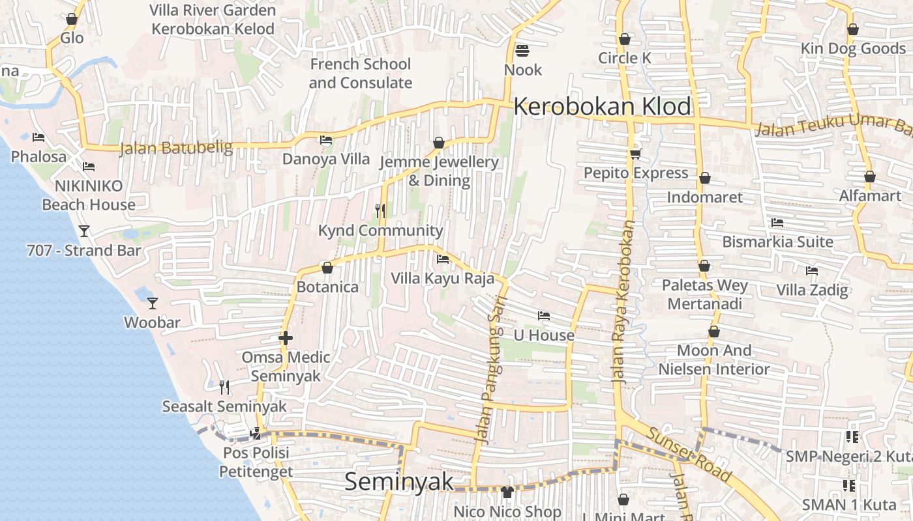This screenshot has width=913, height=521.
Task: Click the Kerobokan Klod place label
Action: click(x=602, y=106)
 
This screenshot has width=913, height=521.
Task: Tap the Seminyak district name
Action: click(x=398, y=481)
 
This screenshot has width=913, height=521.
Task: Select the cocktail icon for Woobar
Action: click(x=153, y=303)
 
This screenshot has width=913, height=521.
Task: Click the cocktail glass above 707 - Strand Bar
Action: click(x=84, y=231)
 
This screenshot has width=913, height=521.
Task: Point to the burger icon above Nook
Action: click(x=522, y=50)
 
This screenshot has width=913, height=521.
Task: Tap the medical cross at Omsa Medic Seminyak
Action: click(x=285, y=338)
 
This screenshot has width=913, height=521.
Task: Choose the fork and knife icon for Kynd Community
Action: click(x=380, y=210)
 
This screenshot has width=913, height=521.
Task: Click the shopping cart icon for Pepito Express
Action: click(x=635, y=154)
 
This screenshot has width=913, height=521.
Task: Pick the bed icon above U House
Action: click(x=543, y=316)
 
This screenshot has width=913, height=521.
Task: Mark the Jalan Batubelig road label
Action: click(x=175, y=148)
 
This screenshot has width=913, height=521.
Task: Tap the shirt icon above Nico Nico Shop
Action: click(x=507, y=492)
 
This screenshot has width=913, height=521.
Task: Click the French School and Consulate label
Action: click(x=360, y=73)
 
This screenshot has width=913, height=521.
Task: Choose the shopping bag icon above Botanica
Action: click(x=327, y=268)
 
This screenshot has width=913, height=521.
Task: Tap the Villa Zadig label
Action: click(x=812, y=290)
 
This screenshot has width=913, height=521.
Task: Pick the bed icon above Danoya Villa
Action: click(x=325, y=139)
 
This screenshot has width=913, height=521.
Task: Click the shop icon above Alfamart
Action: click(x=869, y=176)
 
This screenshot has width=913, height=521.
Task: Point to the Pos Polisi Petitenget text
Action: click(x=256, y=462)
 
